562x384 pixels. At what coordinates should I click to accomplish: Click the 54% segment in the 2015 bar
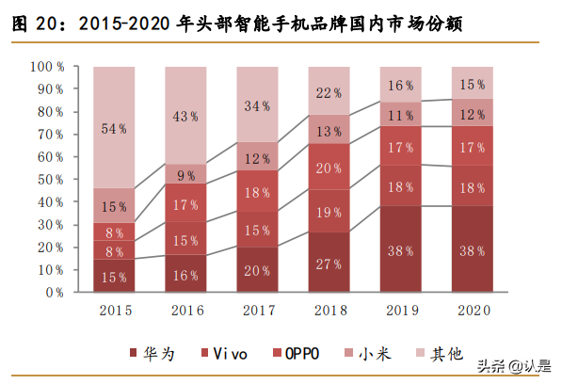[114, 128]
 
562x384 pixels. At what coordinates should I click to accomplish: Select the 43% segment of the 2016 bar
[185, 116]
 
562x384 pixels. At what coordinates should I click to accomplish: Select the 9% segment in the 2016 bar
[185, 174]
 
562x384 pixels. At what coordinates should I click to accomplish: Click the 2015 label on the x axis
[114, 310]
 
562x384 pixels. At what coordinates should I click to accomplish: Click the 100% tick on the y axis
[46, 67]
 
